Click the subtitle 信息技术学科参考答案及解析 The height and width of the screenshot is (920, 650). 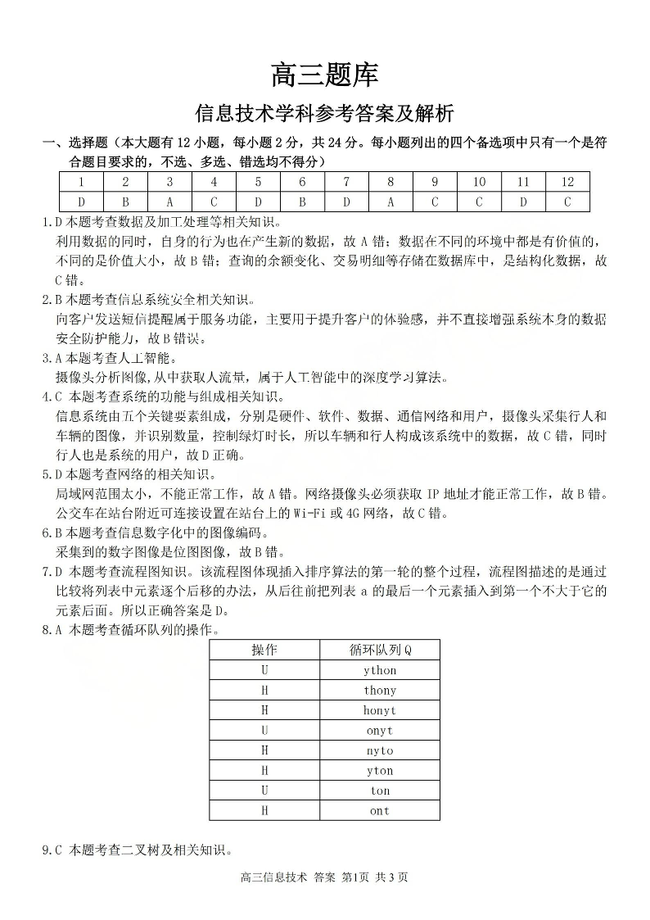pyautogui.click(x=324, y=112)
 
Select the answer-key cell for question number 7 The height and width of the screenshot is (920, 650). pyautogui.click(x=346, y=182)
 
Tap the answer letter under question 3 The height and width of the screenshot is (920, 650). pyautogui.click(x=169, y=202)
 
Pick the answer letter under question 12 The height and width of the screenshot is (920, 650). pyautogui.click(x=567, y=202)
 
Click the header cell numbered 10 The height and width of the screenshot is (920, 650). pyautogui.click(x=479, y=182)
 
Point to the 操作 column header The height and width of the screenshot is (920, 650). pyautogui.click(x=264, y=650)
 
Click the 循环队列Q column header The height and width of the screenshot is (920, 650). pyautogui.click(x=380, y=650)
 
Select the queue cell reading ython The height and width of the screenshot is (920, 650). pyautogui.click(x=380, y=670)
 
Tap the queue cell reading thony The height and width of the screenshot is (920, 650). pyautogui.click(x=380, y=691)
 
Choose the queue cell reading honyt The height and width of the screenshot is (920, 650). pyautogui.click(x=380, y=710)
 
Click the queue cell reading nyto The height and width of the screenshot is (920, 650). pyautogui.click(x=380, y=750)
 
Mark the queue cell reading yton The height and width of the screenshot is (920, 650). pyautogui.click(x=380, y=771)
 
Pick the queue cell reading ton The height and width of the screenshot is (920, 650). pyautogui.click(x=380, y=791)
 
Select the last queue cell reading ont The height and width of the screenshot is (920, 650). pyautogui.click(x=380, y=811)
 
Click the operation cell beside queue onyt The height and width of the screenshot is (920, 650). pyautogui.click(x=264, y=731)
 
